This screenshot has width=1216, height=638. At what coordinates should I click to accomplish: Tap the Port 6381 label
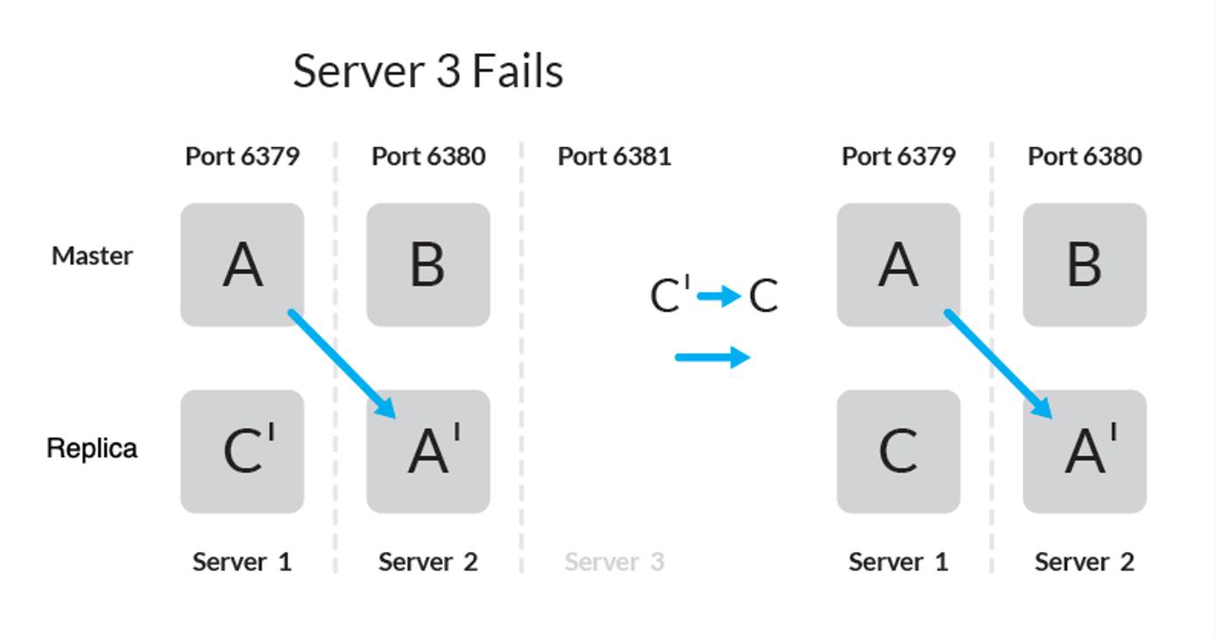click(x=614, y=157)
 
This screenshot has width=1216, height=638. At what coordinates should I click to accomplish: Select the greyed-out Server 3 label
click(x=614, y=562)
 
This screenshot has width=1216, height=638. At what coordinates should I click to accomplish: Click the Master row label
click(x=92, y=256)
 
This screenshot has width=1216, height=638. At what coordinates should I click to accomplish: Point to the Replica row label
click(x=92, y=448)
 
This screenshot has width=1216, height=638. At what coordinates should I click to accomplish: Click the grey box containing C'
click(x=243, y=452)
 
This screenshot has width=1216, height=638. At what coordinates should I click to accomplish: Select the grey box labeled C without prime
click(x=898, y=452)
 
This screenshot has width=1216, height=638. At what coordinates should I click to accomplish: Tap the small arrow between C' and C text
click(x=719, y=297)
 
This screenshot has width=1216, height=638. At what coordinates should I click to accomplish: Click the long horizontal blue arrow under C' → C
click(x=712, y=357)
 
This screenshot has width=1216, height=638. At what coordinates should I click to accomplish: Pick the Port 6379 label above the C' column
click(x=243, y=157)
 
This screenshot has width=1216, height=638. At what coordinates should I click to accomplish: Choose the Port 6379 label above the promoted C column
click(x=898, y=157)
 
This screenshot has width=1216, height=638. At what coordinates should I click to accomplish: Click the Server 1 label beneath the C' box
click(x=242, y=562)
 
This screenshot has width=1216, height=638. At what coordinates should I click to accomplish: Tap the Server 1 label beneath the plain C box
click(x=898, y=562)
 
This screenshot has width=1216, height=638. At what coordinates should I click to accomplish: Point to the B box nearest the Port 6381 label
click(x=428, y=265)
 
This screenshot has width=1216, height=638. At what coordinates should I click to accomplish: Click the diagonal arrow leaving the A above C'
click(x=342, y=363)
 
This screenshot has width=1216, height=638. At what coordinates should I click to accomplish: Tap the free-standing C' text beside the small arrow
click(x=670, y=296)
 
